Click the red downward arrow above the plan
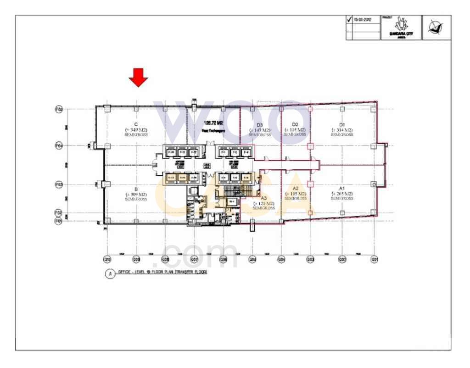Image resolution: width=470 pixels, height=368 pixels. tap(138, 77)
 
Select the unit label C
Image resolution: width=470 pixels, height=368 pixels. tap(136, 124)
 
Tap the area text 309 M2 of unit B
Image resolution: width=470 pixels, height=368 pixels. tap(136, 195)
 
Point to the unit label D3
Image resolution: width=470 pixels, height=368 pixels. tap(259, 125)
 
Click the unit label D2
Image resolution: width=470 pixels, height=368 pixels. tap(295, 124)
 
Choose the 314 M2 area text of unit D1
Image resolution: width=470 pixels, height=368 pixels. tap(342, 130)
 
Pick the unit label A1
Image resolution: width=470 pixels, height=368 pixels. tap(342, 188)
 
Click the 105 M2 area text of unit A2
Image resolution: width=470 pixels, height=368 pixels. tap(295, 194)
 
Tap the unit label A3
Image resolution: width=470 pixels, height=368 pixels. tap(263, 198)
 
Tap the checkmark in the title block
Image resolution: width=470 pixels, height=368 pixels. tap(349, 20)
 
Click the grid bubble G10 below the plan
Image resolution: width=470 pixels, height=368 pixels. tap(107, 260)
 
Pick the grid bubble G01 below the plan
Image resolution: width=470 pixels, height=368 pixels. tap(375, 260)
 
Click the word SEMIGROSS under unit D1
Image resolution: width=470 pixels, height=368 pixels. tap(342, 135)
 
